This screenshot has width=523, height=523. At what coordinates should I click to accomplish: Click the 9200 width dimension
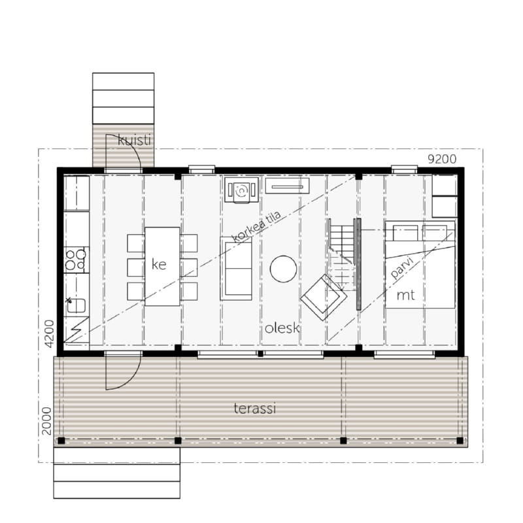442,159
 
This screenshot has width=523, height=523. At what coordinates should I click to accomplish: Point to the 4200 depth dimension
49,333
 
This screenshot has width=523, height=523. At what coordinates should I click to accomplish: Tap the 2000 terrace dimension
46,421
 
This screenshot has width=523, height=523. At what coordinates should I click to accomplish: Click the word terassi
255,408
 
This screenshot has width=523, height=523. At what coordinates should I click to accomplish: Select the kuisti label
135,140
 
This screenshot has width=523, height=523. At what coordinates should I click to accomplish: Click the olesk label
282,328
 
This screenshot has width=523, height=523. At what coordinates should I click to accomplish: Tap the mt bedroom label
405,295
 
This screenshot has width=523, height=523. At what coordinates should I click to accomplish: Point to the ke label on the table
159,264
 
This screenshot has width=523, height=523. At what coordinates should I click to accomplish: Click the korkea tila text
256,226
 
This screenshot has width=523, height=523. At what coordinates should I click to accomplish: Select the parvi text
402,267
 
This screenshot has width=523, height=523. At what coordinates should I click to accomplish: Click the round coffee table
283,269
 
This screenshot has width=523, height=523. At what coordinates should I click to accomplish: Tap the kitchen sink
76,305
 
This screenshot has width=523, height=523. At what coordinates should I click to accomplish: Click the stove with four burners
76,260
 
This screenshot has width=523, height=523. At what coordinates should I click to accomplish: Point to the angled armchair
323,297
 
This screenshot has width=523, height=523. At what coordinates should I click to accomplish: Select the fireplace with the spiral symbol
241,190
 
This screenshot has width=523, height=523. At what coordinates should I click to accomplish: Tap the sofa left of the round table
236,269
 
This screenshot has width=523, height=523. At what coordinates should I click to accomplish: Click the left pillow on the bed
405,233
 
